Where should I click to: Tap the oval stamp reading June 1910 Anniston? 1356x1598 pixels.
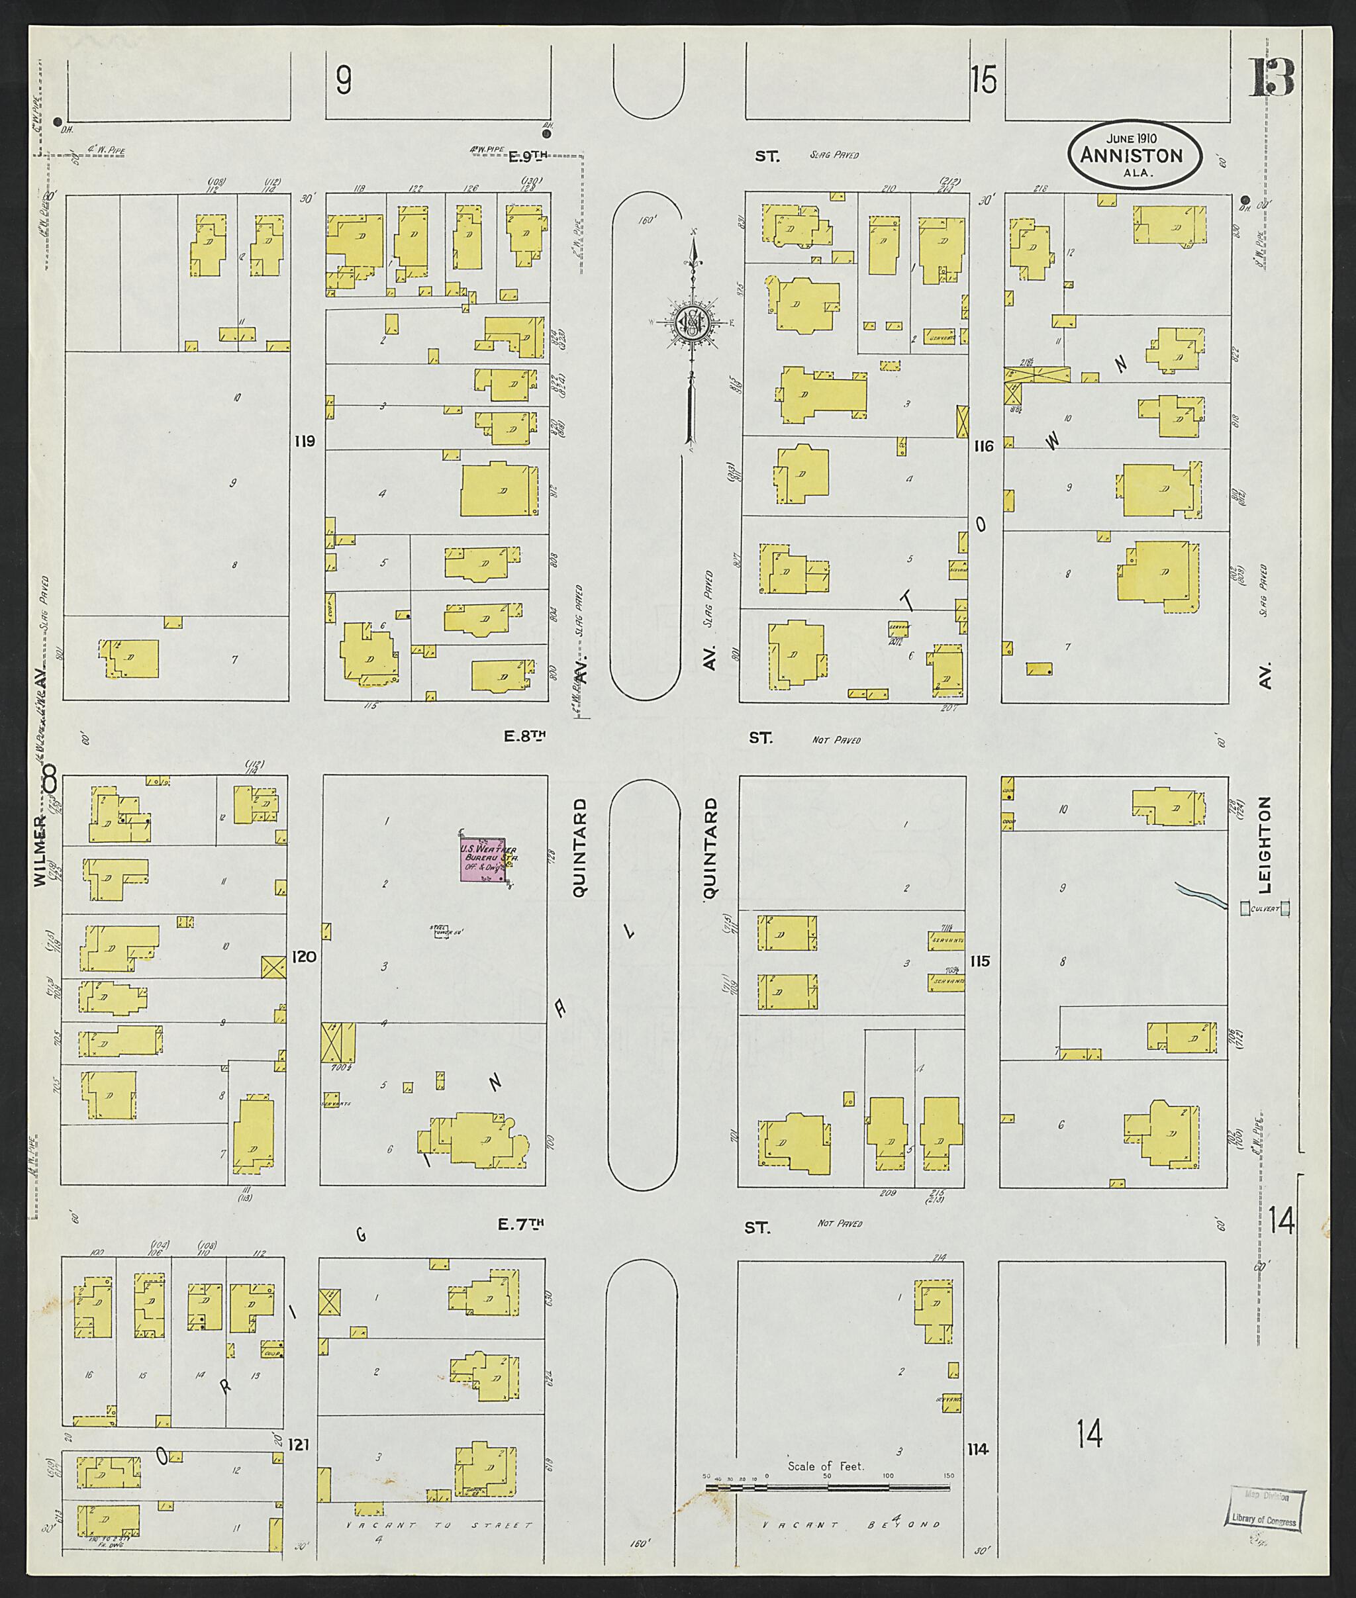tap(1133, 154)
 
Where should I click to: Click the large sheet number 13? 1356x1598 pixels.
tap(1271, 77)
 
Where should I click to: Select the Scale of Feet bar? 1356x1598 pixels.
tap(827, 950)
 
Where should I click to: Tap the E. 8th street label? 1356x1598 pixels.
tap(524, 736)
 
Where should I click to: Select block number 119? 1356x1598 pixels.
tap(305, 441)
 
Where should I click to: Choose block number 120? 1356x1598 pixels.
tap(305, 957)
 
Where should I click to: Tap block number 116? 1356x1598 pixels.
tap(983, 446)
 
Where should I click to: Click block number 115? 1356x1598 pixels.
tap(980, 961)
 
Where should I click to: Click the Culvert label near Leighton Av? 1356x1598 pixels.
tap(1265, 908)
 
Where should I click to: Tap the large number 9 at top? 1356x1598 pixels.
tap(344, 80)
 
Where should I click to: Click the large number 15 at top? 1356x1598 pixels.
tap(983, 80)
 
